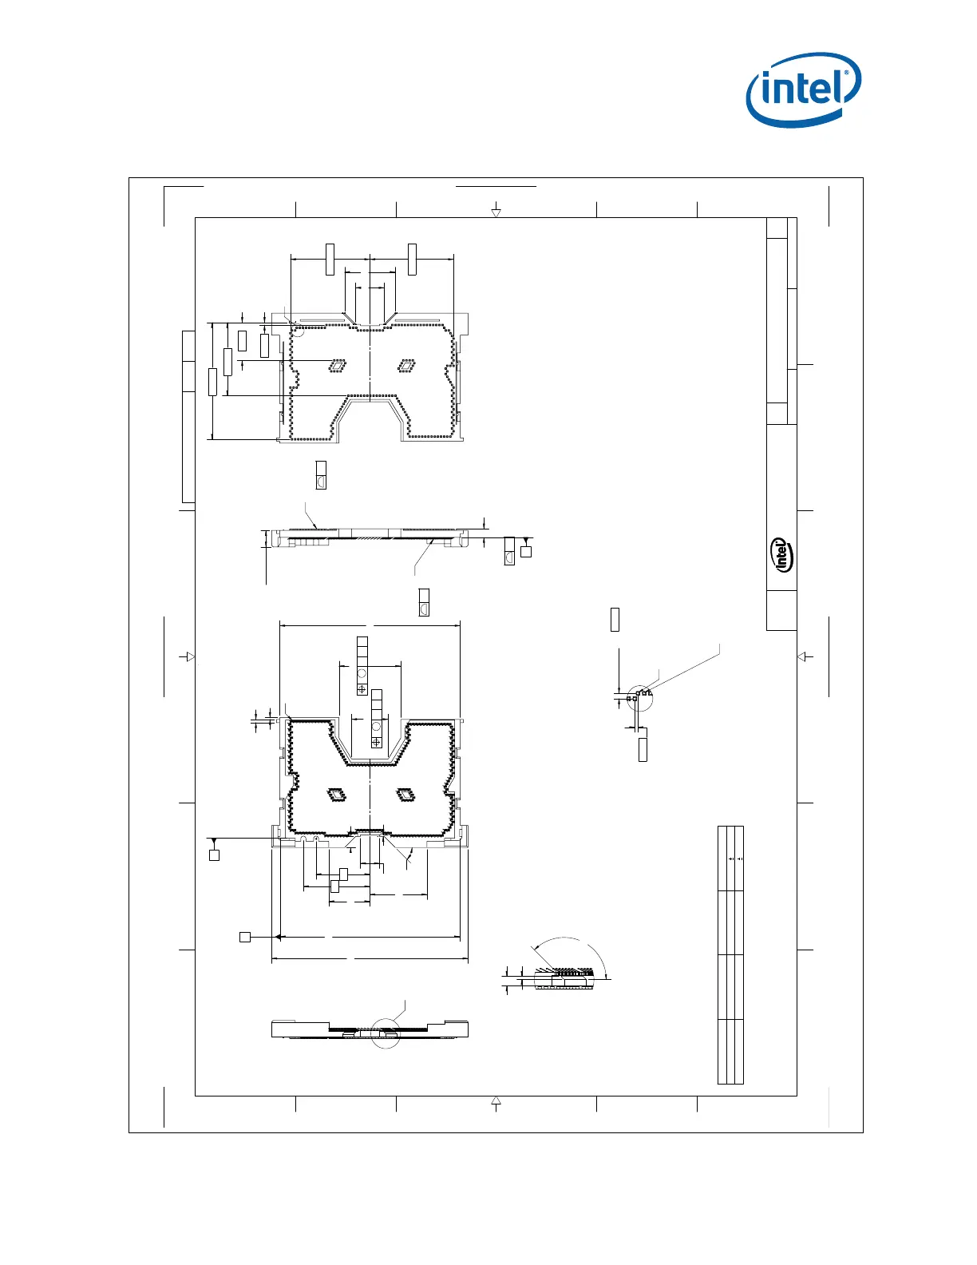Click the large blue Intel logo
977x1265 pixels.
coord(804,89)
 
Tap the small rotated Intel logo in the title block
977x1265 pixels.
coord(781,555)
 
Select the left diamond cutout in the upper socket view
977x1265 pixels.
coord(338,366)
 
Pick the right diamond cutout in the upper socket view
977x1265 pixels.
coord(407,366)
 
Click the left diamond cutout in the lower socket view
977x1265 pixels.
coord(337,795)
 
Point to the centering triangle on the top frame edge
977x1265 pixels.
coord(496,213)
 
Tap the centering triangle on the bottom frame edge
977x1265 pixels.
coord(496,1100)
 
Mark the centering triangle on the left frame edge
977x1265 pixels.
coord(190,656)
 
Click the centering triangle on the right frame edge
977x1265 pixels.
coord(801,656)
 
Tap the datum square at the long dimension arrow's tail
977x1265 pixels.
coord(245,937)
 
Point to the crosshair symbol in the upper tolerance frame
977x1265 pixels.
coord(362,689)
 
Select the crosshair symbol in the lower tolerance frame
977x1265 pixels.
coord(376,742)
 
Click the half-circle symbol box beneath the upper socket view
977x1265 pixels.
coord(321,475)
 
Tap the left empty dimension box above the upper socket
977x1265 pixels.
coord(330,260)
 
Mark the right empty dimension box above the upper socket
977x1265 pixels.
coord(412,260)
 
